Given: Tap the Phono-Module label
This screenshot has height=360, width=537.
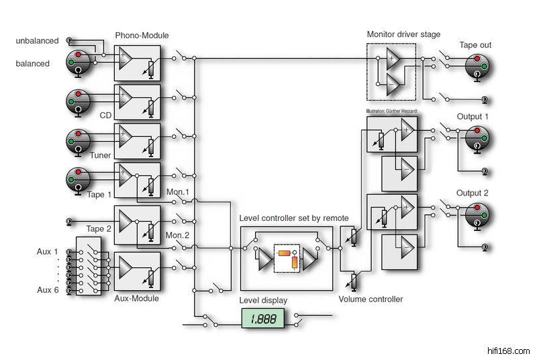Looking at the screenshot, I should pyautogui.click(x=142, y=35).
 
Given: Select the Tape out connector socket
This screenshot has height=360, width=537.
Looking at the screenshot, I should pyautogui.click(x=477, y=64).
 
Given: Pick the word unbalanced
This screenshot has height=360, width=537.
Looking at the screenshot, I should pyautogui.click(x=37, y=42).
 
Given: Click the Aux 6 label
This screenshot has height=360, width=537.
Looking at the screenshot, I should pyautogui.click(x=48, y=289).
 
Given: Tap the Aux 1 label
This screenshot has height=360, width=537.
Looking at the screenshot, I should pyautogui.click(x=48, y=251).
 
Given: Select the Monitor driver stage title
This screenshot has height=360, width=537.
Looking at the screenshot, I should pyautogui.click(x=403, y=34).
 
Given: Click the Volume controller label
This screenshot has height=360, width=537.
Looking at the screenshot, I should pyautogui.click(x=371, y=300).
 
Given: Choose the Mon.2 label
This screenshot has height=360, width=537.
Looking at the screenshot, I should pyautogui.click(x=179, y=236).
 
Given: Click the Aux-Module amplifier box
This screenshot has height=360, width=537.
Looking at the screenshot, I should pyautogui.click(x=137, y=271).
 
